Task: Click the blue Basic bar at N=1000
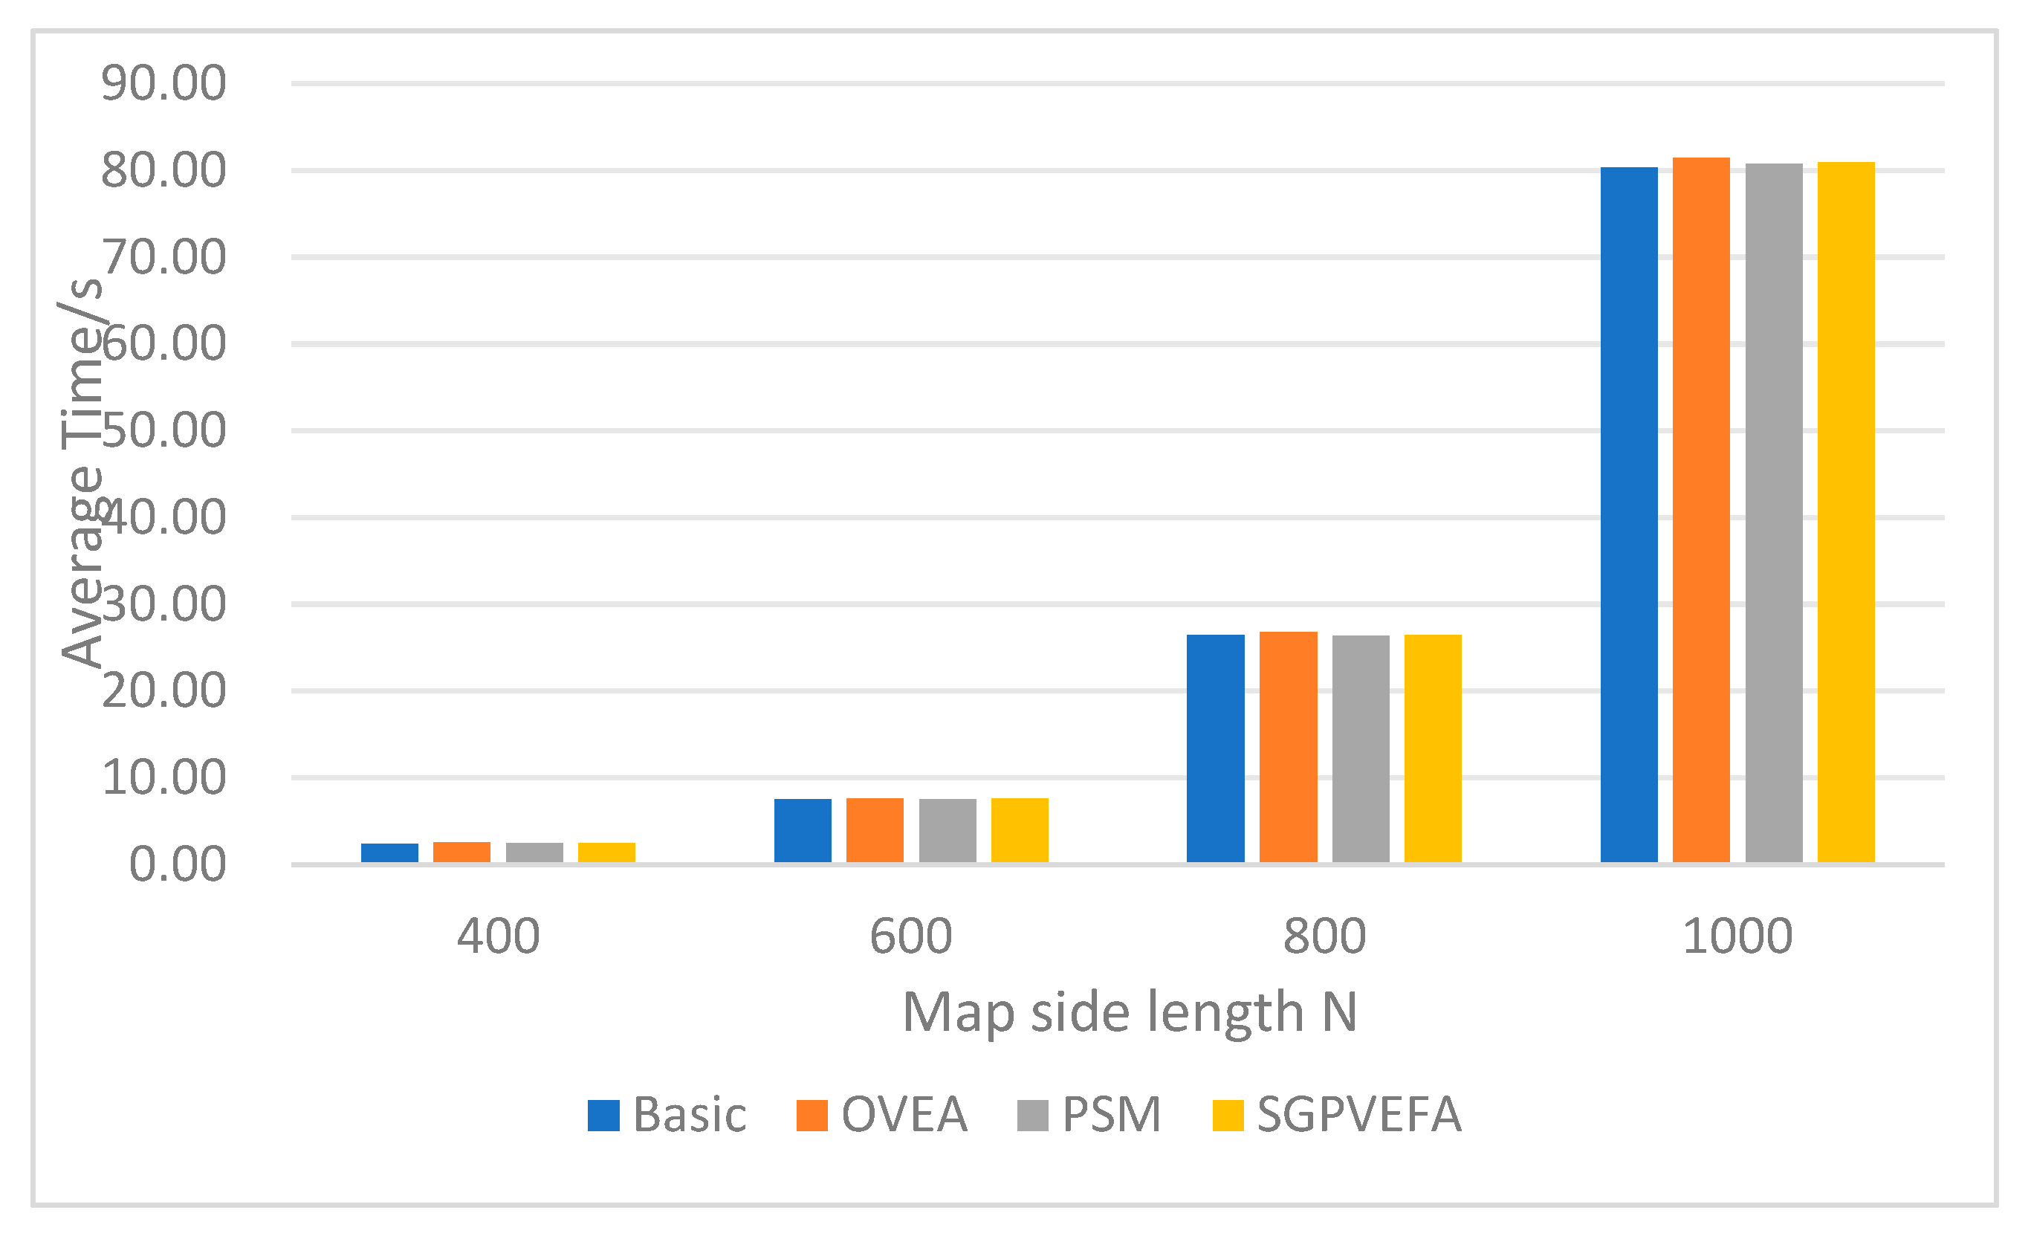[x=1629, y=515]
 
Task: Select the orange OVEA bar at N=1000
[x=1701, y=511]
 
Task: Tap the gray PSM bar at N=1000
[x=1774, y=513]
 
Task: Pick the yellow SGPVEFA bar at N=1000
[x=1847, y=512]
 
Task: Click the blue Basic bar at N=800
[x=1216, y=748]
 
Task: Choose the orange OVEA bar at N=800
[x=1289, y=747]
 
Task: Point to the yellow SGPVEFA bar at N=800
[x=1434, y=748]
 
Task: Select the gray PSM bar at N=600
[x=948, y=831]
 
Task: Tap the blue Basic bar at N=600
[x=803, y=831]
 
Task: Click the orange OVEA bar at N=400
[x=461, y=852]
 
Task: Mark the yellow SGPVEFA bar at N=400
[x=606, y=852]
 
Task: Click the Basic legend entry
[x=667, y=1116]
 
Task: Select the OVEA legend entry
[x=882, y=1116]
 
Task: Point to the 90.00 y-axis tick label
[x=163, y=83]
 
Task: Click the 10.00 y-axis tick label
[x=163, y=777]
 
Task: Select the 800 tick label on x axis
[x=1324, y=936]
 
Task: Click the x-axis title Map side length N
[x=1130, y=1012]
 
